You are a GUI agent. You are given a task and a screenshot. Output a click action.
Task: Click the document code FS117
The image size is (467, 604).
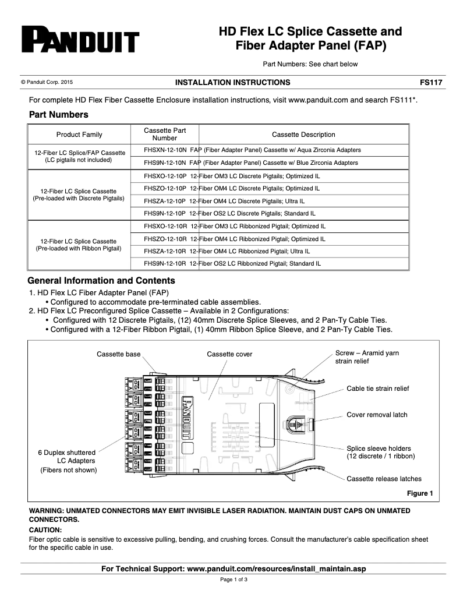pyautogui.click(x=432, y=83)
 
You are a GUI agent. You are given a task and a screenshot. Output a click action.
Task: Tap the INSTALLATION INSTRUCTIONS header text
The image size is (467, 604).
pyautogui.click(x=233, y=83)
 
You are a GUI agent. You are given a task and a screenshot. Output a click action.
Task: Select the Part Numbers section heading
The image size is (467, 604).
pyautogui.click(x=58, y=115)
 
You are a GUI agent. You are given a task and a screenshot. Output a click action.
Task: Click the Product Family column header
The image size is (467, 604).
pyautogui.click(x=79, y=135)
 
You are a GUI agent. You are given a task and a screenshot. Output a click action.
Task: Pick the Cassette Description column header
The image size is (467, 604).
pyautogui.click(x=303, y=135)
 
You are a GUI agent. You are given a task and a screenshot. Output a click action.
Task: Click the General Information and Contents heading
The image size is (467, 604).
pyautogui.click(x=101, y=281)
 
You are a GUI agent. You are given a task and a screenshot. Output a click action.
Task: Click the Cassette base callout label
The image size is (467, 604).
pyautogui.click(x=119, y=354)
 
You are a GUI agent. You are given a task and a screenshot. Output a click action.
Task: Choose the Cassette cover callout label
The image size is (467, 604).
pyautogui.click(x=229, y=354)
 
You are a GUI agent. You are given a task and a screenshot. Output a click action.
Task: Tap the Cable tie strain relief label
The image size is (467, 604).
pyautogui.click(x=378, y=388)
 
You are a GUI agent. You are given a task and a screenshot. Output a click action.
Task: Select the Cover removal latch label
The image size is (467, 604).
pyautogui.click(x=377, y=415)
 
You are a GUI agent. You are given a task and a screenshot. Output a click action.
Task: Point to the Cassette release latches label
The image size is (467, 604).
pyautogui.click(x=384, y=479)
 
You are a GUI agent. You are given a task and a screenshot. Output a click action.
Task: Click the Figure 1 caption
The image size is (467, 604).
pyautogui.click(x=419, y=494)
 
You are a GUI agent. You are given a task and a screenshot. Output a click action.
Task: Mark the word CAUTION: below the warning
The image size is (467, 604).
pyautogui.click(x=45, y=530)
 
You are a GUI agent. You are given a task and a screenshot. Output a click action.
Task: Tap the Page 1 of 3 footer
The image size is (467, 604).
pyautogui.click(x=233, y=580)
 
